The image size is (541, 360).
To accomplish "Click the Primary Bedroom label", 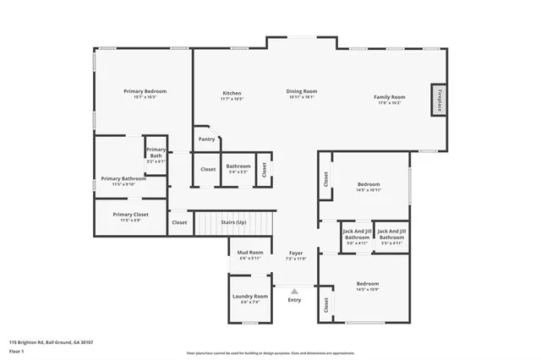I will click(x=145, y=91).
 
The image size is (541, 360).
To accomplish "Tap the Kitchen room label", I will click(x=232, y=93).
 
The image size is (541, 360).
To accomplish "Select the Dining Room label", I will click(x=302, y=91).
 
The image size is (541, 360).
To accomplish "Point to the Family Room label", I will click(x=390, y=97).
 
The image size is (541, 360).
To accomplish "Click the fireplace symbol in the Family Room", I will click(x=438, y=98).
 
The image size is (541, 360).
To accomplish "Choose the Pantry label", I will click(x=206, y=139).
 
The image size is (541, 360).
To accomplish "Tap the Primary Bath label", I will click(x=156, y=153).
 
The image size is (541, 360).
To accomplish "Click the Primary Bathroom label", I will click(x=123, y=179).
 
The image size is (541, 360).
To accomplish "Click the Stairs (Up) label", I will click(x=233, y=222).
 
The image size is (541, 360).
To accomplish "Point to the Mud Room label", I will click(x=250, y=253).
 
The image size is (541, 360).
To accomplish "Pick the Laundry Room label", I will click(x=250, y=297).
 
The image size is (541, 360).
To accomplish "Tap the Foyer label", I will click(x=296, y=253).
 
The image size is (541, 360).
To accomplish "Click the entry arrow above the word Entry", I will click(x=294, y=291).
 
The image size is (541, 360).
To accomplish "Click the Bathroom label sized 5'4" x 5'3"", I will click(x=238, y=166).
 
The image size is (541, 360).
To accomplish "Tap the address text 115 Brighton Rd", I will click(x=51, y=342).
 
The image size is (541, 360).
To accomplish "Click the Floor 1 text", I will click(x=17, y=350).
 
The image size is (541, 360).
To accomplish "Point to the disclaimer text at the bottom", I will click(x=270, y=350).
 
